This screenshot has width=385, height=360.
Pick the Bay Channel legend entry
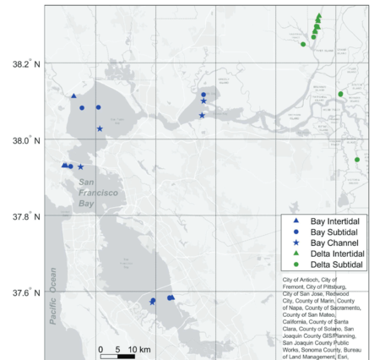point(328,242)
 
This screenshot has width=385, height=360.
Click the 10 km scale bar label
point(138,349)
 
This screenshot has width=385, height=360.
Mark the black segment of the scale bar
point(126,356)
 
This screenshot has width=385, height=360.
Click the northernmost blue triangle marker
point(74,96)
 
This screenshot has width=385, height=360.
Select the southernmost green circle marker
point(357,160)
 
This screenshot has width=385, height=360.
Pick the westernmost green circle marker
point(303,44)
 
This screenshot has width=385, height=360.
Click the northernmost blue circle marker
point(203,95)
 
